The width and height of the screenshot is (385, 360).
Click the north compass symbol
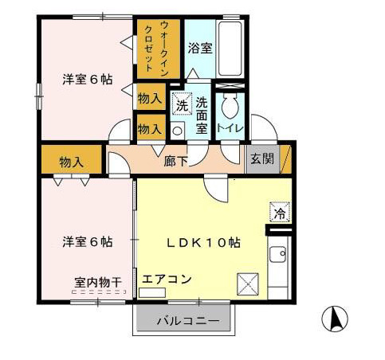336,319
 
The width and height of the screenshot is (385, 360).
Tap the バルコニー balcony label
188,322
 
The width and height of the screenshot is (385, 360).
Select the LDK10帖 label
202,242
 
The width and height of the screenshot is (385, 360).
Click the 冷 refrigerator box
279,213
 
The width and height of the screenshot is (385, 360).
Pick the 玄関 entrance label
261,158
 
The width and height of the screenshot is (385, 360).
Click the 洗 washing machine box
181,103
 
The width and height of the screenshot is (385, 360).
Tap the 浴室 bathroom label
200,49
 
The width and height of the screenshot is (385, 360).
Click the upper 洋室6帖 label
88,80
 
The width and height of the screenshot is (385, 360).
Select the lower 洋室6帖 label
88,241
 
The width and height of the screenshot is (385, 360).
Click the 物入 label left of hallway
72,162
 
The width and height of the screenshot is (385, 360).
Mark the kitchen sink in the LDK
279,256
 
